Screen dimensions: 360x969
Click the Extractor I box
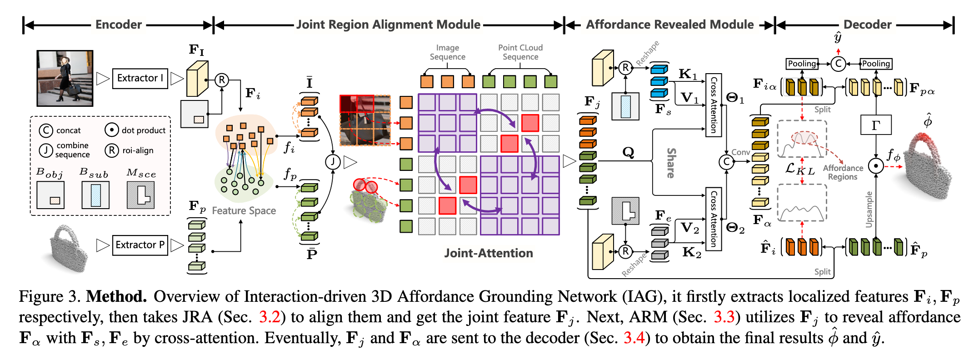(x=140, y=78)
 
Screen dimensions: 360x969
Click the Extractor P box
(x=140, y=245)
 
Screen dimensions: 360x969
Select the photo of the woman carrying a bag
(x=65, y=78)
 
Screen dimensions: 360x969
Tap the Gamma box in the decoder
(x=875, y=125)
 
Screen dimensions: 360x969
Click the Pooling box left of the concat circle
(x=802, y=64)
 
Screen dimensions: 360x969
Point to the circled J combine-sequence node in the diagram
(x=333, y=161)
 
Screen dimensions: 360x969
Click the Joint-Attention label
(x=488, y=253)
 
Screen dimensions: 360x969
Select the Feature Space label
(x=244, y=211)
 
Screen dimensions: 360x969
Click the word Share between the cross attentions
(x=671, y=163)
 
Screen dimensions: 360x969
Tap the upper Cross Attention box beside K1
(x=714, y=105)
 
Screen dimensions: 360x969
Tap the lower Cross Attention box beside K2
(x=714, y=219)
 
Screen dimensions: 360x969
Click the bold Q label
(x=628, y=152)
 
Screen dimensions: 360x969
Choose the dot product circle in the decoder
(x=875, y=166)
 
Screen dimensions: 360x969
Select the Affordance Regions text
(x=843, y=172)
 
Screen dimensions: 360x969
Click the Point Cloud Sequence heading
(x=520, y=52)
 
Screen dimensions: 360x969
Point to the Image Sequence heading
(x=447, y=52)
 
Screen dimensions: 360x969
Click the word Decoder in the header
(x=867, y=25)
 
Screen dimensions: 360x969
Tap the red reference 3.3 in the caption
(x=724, y=317)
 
